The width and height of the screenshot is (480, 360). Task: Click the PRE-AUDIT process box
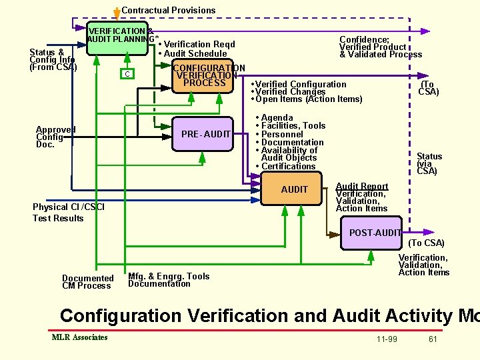(x=205, y=135)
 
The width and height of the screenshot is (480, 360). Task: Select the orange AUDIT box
(x=294, y=189)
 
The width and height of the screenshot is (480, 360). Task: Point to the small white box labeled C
(x=127, y=73)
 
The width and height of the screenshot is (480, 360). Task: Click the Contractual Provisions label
(x=168, y=10)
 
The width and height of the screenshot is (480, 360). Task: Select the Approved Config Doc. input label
(x=55, y=137)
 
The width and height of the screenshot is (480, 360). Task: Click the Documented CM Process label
(x=87, y=282)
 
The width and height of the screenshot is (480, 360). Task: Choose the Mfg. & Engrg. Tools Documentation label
(x=168, y=280)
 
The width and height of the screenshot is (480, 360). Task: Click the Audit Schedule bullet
(x=193, y=54)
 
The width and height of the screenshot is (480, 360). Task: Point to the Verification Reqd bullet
(x=197, y=45)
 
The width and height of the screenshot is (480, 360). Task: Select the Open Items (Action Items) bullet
(x=307, y=99)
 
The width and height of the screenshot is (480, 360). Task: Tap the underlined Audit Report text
(x=361, y=187)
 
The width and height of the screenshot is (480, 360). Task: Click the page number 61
(x=433, y=339)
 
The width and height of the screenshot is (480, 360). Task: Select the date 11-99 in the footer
(x=387, y=339)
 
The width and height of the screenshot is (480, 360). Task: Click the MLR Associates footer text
(x=79, y=337)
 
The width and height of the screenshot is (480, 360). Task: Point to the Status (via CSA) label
(x=429, y=164)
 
